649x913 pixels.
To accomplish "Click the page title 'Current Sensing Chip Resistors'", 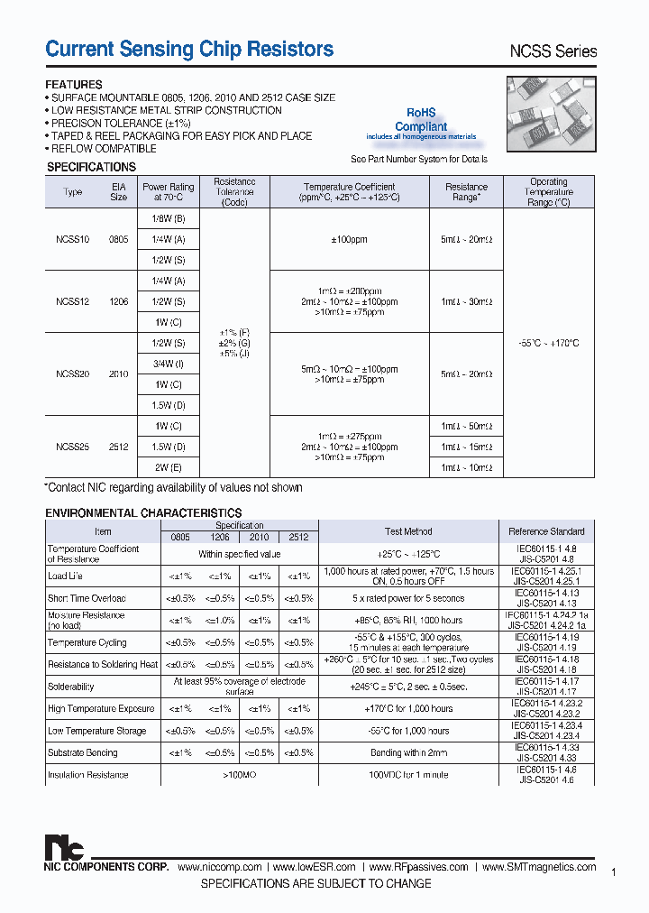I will tap(189, 50).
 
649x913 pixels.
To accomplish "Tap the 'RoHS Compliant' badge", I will tap(421, 121).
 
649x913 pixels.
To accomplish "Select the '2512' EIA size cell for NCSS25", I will tap(118, 447).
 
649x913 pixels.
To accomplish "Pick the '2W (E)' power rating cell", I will tap(168, 467).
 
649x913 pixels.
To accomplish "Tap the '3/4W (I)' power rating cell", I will tap(168, 364).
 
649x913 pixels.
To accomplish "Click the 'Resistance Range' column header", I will tap(466, 192).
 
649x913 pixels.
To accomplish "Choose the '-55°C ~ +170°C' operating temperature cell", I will tap(548, 343).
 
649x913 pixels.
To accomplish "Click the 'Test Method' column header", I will tap(408, 531).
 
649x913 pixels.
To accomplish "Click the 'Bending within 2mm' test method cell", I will tap(408, 752).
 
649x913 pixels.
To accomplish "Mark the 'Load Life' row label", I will tap(65, 576).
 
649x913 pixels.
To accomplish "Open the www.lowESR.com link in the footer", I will tap(315, 867).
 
